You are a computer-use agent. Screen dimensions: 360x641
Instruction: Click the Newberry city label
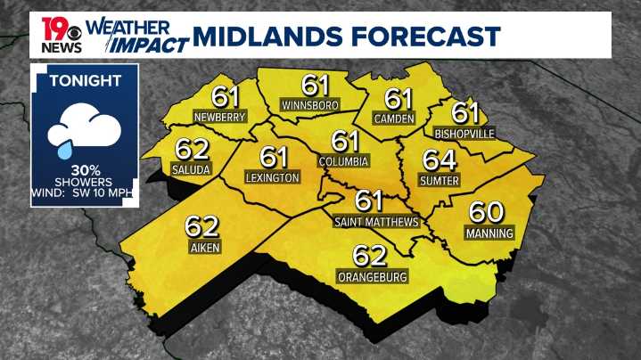click(219, 117)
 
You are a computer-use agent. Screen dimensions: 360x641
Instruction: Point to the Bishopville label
click(464, 134)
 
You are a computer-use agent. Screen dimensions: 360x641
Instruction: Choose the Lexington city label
click(272, 178)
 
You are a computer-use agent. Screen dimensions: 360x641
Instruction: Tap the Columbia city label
click(343, 161)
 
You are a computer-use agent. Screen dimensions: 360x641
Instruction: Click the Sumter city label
click(439, 181)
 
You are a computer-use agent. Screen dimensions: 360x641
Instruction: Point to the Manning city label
click(489, 233)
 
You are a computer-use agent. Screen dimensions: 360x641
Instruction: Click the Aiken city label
click(204, 247)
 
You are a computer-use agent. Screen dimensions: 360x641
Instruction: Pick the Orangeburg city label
click(373, 277)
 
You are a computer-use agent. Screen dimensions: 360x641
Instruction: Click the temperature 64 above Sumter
click(439, 161)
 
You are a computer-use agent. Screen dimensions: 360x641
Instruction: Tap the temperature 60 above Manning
click(488, 213)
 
